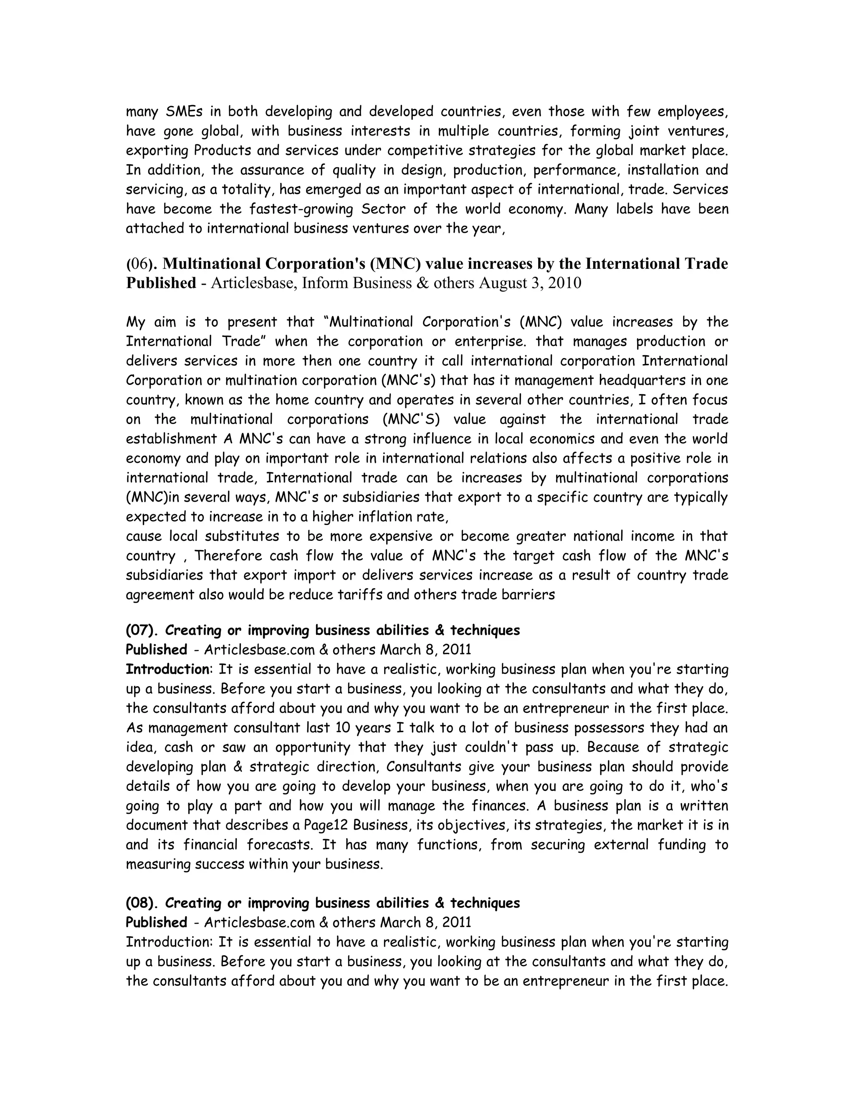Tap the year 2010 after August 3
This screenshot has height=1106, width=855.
coord(563,283)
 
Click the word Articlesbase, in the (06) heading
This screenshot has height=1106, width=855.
coord(253,283)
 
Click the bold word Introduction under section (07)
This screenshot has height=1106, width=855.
coord(167,669)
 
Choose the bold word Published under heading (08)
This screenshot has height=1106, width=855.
coord(157,923)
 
